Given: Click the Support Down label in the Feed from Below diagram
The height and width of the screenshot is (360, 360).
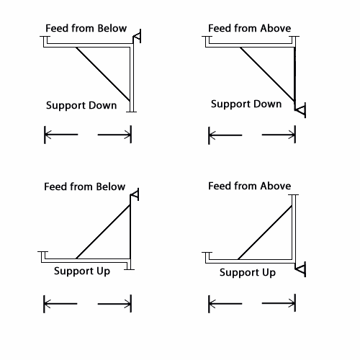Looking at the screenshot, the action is (x=81, y=106).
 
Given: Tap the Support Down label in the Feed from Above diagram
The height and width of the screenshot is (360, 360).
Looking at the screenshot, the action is (x=246, y=104).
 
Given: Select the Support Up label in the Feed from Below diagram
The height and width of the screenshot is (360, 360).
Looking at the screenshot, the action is (x=82, y=271).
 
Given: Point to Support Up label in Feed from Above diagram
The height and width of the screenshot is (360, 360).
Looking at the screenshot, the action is (x=248, y=273).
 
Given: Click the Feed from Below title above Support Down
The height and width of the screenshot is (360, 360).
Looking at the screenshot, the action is (x=86, y=28).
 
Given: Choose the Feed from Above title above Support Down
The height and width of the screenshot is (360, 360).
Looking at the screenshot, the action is (x=250, y=28).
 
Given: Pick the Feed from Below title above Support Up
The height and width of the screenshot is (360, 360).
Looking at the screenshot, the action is (x=84, y=186).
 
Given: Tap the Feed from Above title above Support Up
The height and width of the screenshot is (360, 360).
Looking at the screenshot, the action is (x=250, y=186).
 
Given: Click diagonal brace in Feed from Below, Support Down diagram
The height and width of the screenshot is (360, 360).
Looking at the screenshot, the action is (x=103, y=74).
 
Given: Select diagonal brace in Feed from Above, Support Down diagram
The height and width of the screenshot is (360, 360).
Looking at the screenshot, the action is (x=267, y=74).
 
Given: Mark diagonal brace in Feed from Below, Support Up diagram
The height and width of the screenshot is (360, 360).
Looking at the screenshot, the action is (x=103, y=231).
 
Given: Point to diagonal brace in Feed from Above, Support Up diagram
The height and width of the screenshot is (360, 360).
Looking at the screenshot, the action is (x=265, y=233).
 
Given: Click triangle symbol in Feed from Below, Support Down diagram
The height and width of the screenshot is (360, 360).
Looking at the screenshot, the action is (x=137, y=37).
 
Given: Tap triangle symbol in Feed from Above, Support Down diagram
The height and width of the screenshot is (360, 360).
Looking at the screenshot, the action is (x=300, y=110).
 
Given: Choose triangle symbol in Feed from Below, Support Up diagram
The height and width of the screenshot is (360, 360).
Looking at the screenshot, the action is (x=135, y=194).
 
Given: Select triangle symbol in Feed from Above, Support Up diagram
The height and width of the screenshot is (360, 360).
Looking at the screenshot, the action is (x=301, y=269).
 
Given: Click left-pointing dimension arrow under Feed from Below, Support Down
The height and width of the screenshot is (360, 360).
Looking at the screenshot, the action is (x=61, y=135).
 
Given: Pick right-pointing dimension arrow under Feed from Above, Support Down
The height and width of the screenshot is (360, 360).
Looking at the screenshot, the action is (x=279, y=135).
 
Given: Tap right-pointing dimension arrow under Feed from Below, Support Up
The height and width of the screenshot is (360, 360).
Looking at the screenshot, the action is (x=114, y=304).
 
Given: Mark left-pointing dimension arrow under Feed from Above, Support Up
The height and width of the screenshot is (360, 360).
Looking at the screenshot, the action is (x=225, y=304).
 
